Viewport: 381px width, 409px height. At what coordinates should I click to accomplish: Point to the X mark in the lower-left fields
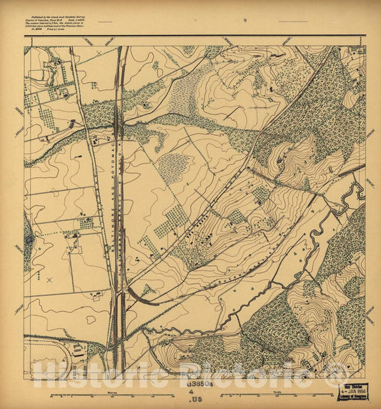(x=49, y=280)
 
